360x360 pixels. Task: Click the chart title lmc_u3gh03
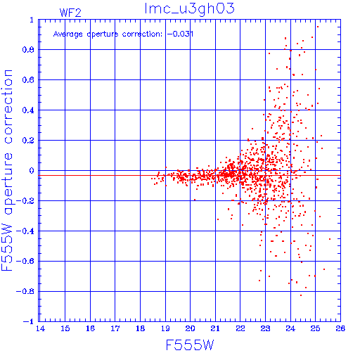189,9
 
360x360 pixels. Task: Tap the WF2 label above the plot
70,13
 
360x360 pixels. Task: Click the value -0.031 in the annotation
180,34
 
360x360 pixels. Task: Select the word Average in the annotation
68,34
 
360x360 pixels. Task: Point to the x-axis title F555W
190,345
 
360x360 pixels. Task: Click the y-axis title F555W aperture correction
7,170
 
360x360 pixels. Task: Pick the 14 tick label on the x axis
40,328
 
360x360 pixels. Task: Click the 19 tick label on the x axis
165,328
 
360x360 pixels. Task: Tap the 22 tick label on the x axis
240,328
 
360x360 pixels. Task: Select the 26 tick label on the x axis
340,328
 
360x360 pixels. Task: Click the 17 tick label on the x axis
115,328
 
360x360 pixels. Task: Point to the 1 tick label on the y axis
32,20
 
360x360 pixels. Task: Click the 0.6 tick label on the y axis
28,80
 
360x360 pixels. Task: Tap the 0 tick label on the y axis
32,171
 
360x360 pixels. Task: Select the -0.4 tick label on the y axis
25,231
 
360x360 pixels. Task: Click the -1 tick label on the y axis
29,321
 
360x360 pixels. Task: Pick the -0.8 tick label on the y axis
25,291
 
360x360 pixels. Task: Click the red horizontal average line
190,175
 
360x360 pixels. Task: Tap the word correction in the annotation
142,34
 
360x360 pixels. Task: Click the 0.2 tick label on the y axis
28,141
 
